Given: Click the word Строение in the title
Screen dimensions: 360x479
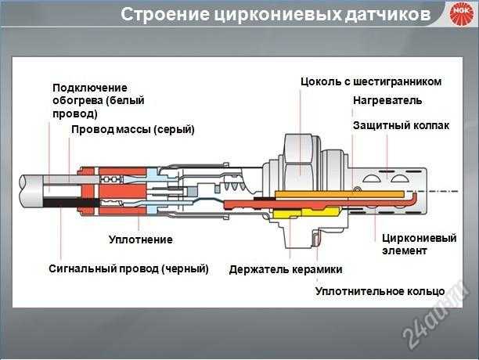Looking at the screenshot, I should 160,14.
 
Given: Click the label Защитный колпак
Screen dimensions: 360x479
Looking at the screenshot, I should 401,125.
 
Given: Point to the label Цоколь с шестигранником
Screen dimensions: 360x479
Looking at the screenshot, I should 371,81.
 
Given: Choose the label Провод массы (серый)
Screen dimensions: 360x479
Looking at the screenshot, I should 132,129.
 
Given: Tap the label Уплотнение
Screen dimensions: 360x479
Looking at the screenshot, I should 140,239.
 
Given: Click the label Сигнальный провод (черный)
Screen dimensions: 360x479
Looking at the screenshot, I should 128,268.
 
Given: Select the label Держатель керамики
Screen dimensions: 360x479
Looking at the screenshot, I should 286,269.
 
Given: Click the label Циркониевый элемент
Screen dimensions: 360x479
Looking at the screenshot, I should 419,244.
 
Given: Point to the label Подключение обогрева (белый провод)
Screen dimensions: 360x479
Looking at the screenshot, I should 98,100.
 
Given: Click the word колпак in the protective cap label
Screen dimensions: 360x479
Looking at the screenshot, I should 430,125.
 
